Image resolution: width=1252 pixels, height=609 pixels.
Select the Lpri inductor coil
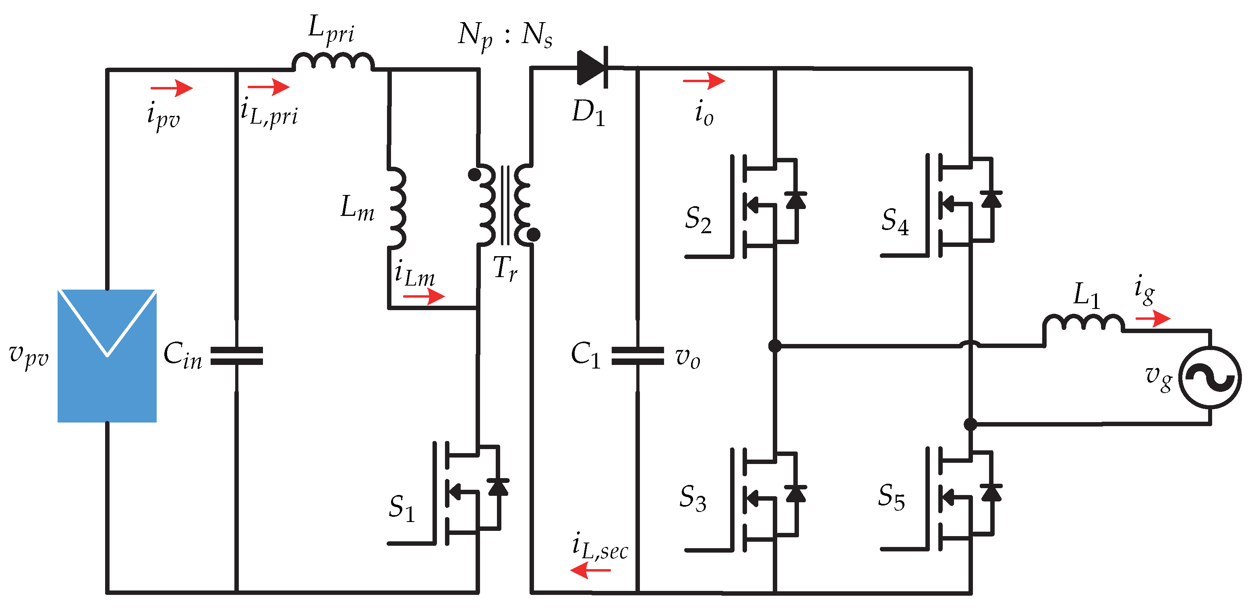[333, 61]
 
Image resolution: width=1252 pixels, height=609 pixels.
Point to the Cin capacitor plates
[237, 356]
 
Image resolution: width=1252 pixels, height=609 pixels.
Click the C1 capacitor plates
[637, 356]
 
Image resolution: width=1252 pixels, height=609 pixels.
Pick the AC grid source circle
[1210, 377]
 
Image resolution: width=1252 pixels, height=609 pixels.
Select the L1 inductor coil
[1083, 323]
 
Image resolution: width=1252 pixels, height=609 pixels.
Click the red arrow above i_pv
[172, 88]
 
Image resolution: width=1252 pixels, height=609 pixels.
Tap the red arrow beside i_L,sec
[590, 570]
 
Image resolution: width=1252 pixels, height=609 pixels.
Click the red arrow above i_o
[704, 81]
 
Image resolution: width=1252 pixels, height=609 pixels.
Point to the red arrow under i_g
[1153, 319]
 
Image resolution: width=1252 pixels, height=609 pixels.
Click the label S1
[401, 507]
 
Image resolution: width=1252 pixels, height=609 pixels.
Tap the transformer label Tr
[505, 268]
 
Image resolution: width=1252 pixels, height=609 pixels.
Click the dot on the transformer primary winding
[474, 174]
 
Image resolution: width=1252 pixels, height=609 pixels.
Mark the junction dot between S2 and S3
[775, 346]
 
